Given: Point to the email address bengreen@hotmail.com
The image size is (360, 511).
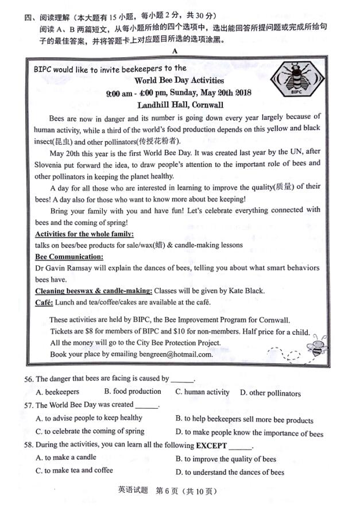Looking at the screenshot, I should (176, 354).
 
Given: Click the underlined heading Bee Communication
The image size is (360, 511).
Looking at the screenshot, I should (69, 257).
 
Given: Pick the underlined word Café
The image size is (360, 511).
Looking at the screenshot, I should (44, 303).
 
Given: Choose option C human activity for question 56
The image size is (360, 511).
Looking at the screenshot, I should (202, 392).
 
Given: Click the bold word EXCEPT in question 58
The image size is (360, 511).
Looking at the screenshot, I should (211, 446).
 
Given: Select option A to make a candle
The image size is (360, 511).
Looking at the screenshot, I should (66, 458).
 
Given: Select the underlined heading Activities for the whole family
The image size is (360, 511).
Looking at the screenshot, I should (84, 234).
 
